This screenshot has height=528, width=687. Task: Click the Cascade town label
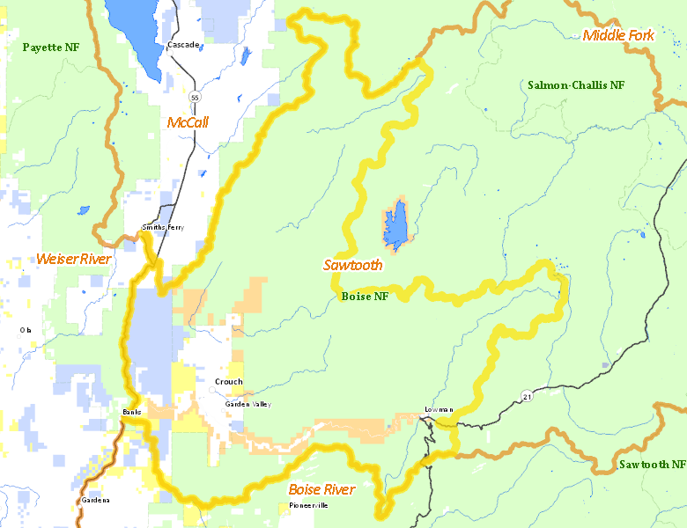pyautogui.click(x=183, y=44)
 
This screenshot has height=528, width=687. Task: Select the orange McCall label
pyautogui.click(x=188, y=122)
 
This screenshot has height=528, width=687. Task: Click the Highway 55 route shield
pyautogui.click(x=193, y=95)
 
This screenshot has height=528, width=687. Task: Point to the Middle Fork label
pyautogui.click(x=618, y=35)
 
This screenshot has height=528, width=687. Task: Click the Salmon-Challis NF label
pyautogui.click(x=576, y=85)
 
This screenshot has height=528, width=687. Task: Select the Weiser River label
pyautogui.click(x=73, y=259)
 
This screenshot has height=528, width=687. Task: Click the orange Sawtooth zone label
pyautogui.click(x=352, y=264)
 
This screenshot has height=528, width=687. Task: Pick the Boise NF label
pyautogui.click(x=364, y=297)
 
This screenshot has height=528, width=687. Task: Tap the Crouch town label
pyautogui.click(x=228, y=382)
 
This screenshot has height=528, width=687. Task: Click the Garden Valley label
pyautogui.click(x=247, y=404)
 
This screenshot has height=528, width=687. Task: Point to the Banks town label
pyautogui.click(x=131, y=411)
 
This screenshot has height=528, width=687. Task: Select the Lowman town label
pyautogui.click(x=438, y=409)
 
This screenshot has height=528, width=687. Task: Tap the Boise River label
pyautogui.click(x=321, y=489)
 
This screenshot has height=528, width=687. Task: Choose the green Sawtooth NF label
pyautogui.click(x=651, y=464)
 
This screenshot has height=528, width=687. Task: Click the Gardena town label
pyautogui.click(x=95, y=500)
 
